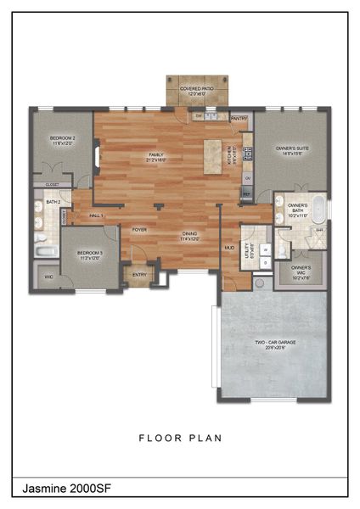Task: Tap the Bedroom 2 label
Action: point(63,140)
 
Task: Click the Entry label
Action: point(138,274)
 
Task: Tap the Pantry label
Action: point(239,119)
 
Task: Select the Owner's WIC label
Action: point(301,272)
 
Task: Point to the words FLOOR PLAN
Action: point(181,439)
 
